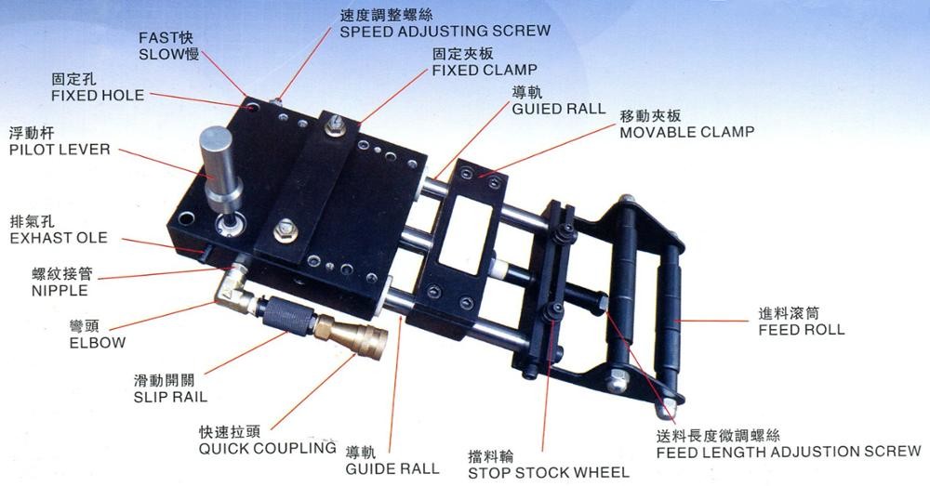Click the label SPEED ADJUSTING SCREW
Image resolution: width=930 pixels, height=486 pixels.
point(445,31)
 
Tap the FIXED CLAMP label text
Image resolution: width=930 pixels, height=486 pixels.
point(485,70)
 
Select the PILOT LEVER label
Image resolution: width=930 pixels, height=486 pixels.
point(60,150)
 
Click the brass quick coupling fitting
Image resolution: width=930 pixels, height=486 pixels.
point(352,335)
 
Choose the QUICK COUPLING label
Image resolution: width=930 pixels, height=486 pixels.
point(268,449)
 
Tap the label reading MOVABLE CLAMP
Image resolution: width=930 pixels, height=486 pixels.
point(687,132)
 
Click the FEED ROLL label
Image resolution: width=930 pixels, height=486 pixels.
point(802,330)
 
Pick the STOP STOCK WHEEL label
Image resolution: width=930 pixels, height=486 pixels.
point(548,473)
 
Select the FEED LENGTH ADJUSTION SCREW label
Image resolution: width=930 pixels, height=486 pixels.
point(789,453)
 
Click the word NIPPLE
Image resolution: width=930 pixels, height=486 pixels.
point(60,291)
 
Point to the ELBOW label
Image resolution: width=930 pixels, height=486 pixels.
point(98,343)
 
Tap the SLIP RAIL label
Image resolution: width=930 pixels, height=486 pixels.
point(171,397)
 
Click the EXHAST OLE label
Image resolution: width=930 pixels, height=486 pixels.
point(59,238)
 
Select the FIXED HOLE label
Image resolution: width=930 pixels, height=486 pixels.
point(98,96)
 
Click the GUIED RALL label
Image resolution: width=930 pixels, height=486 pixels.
point(559,109)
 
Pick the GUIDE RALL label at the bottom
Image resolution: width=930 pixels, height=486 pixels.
point(392,469)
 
